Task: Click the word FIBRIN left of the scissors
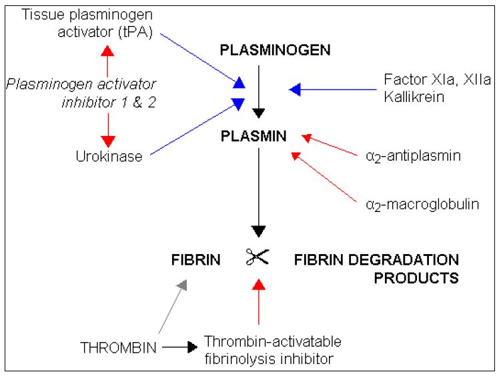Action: pyautogui.click(x=195, y=260)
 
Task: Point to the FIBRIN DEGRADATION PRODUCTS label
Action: pyautogui.click(x=376, y=268)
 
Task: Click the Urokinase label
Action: pyautogui.click(x=110, y=156)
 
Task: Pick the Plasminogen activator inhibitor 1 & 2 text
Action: pyautogui.click(x=81, y=93)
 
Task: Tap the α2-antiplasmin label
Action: pyautogui.click(x=413, y=156)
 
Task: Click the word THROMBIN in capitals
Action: pyautogui.click(x=117, y=347)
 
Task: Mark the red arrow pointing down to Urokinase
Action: pyautogui.click(x=107, y=130)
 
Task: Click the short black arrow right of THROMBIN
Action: pyautogui.click(x=179, y=347)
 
